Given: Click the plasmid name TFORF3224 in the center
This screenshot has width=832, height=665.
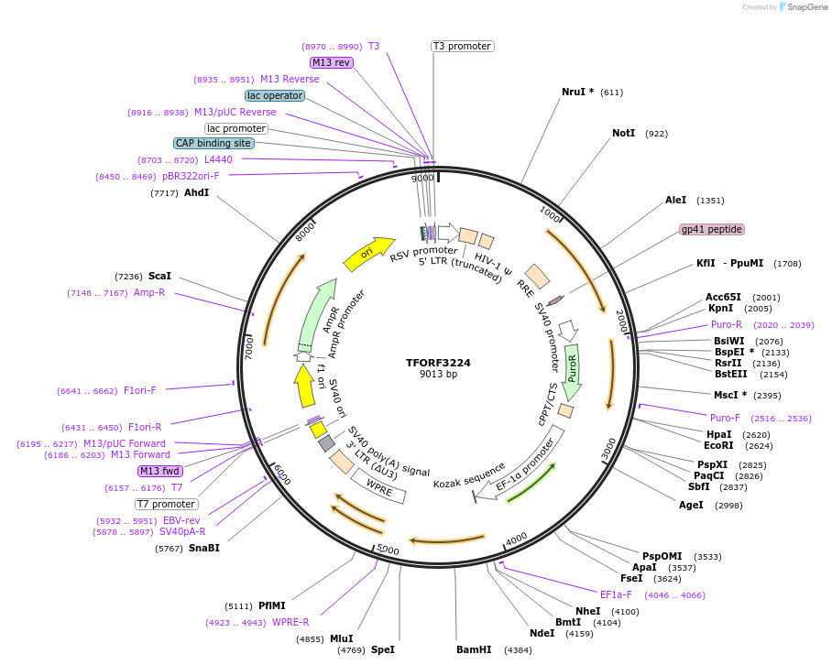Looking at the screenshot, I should pyautogui.click(x=438, y=363).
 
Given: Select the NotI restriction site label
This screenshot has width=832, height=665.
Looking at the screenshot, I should pyautogui.click(x=623, y=134).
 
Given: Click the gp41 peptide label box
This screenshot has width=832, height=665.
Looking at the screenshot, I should pyautogui.click(x=712, y=229).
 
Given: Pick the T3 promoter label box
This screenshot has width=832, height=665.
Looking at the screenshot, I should pyautogui.click(x=462, y=46).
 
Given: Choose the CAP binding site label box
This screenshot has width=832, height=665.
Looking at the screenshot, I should pyautogui.click(x=213, y=143).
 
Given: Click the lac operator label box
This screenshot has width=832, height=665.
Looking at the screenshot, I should pyautogui.click(x=274, y=95).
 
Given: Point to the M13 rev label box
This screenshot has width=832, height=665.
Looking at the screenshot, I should pyautogui.click(x=331, y=62).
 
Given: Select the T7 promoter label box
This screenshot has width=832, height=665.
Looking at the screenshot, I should pyautogui.click(x=167, y=504).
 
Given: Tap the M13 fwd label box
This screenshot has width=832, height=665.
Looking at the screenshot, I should pyautogui.click(x=159, y=471).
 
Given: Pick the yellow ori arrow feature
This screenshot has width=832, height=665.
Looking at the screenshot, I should pyautogui.click(x=368, y=254).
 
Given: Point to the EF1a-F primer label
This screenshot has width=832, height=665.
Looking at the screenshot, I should pyautogui.click(x=616, y=595).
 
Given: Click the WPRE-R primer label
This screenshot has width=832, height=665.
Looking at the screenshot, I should pyautogui.click(x=290, y=623).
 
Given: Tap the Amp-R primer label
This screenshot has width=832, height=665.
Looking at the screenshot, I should pyautogui.click(x=149, y=293).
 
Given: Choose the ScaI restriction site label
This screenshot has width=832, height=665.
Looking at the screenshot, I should pyautogui.click(x=159, y=276).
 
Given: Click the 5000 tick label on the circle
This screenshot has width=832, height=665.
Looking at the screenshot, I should pyautogui.click(x=389, y=550).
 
